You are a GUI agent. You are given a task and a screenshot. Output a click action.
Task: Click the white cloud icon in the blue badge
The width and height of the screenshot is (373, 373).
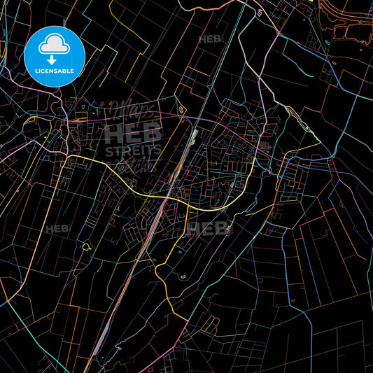pyautogui.click(x=55, y=43)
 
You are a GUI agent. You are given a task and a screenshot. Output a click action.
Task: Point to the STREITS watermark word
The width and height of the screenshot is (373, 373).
pyautogui.click(x=133, y=150)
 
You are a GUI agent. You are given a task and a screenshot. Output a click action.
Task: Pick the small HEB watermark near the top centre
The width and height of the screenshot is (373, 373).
pyautogui.click(x=210, y=40)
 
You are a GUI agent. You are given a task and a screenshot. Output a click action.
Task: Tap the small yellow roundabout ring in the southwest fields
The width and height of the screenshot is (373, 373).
pyautogui.click(x=86, y=246)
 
